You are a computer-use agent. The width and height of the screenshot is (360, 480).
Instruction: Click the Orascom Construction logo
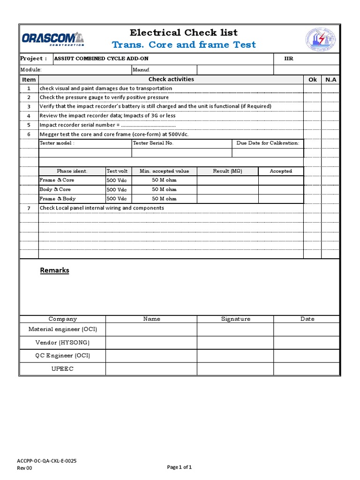click(52, 38)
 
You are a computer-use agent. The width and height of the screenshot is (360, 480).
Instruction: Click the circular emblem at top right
click(321, 40)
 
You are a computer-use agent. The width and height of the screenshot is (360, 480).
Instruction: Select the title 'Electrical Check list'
click(184, 32)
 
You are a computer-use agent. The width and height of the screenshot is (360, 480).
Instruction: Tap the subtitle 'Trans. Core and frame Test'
click(184, 45)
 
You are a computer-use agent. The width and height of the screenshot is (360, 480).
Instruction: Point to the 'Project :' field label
click(33, 59)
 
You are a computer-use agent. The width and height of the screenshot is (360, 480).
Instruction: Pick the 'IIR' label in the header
click(289, 59)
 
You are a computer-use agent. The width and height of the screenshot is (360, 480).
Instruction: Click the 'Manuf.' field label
click(141, 69)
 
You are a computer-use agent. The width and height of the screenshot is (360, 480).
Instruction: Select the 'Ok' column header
click(312, 80)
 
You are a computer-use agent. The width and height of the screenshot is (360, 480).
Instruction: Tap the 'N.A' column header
click(330, 80)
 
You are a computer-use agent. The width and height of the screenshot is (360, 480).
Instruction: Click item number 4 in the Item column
click(29, 116)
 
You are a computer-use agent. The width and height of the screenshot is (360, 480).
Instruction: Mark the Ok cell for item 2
click(312, 97)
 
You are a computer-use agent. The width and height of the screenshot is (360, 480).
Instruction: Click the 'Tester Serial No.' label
click(153, 143)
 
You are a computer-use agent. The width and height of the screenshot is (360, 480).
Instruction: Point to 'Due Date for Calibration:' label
click(268, 143)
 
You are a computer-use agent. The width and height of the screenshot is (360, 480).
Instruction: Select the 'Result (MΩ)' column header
click(227, 171)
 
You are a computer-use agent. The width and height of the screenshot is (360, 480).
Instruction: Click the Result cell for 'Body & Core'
click(227, 189)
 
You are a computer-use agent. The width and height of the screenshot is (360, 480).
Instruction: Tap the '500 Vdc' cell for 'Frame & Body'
click(117, 199)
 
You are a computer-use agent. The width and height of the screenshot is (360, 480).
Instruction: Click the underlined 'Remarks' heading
click(54, 270)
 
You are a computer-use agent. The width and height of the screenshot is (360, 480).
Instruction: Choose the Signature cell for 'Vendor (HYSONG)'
click(235, 343)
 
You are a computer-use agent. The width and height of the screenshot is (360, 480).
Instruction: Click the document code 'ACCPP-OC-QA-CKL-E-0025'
click(47, 461)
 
